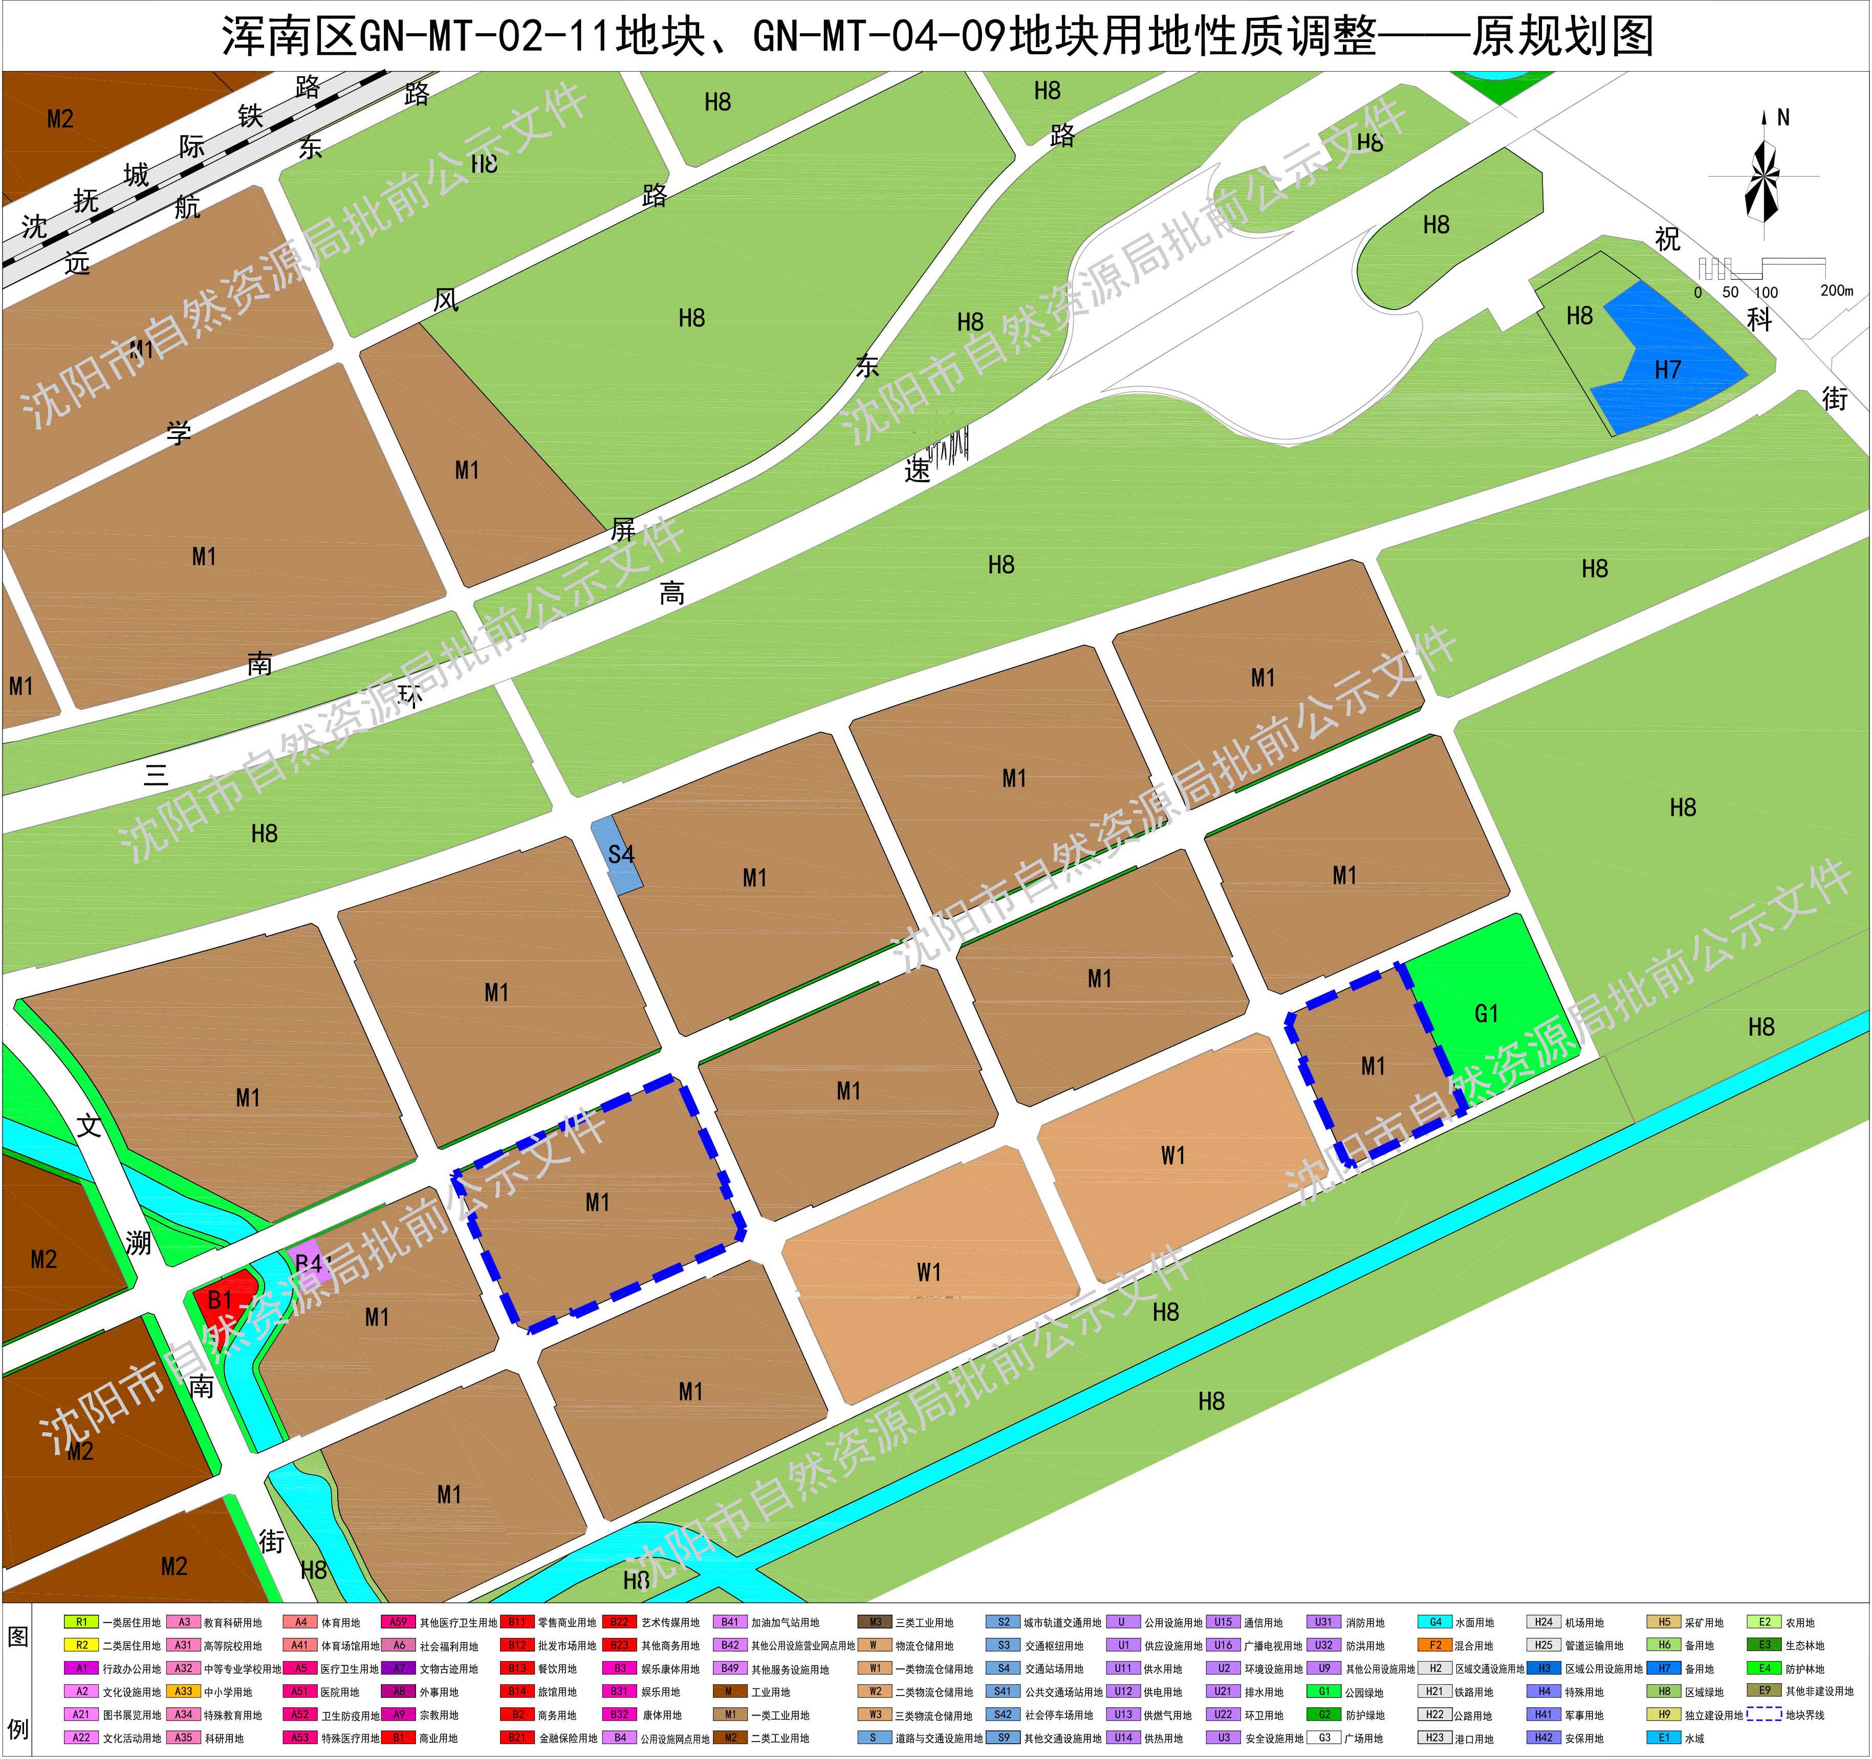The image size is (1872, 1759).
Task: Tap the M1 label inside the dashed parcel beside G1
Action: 1373,1066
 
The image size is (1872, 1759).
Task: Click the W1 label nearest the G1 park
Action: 1172,1155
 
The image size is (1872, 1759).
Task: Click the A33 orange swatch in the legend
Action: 184,1691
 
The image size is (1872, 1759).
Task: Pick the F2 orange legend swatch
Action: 1435,1645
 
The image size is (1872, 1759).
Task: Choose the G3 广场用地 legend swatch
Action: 1324,1738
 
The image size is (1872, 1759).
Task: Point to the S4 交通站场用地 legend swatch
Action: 1003,1667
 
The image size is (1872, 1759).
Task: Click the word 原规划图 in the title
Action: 1562,36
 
